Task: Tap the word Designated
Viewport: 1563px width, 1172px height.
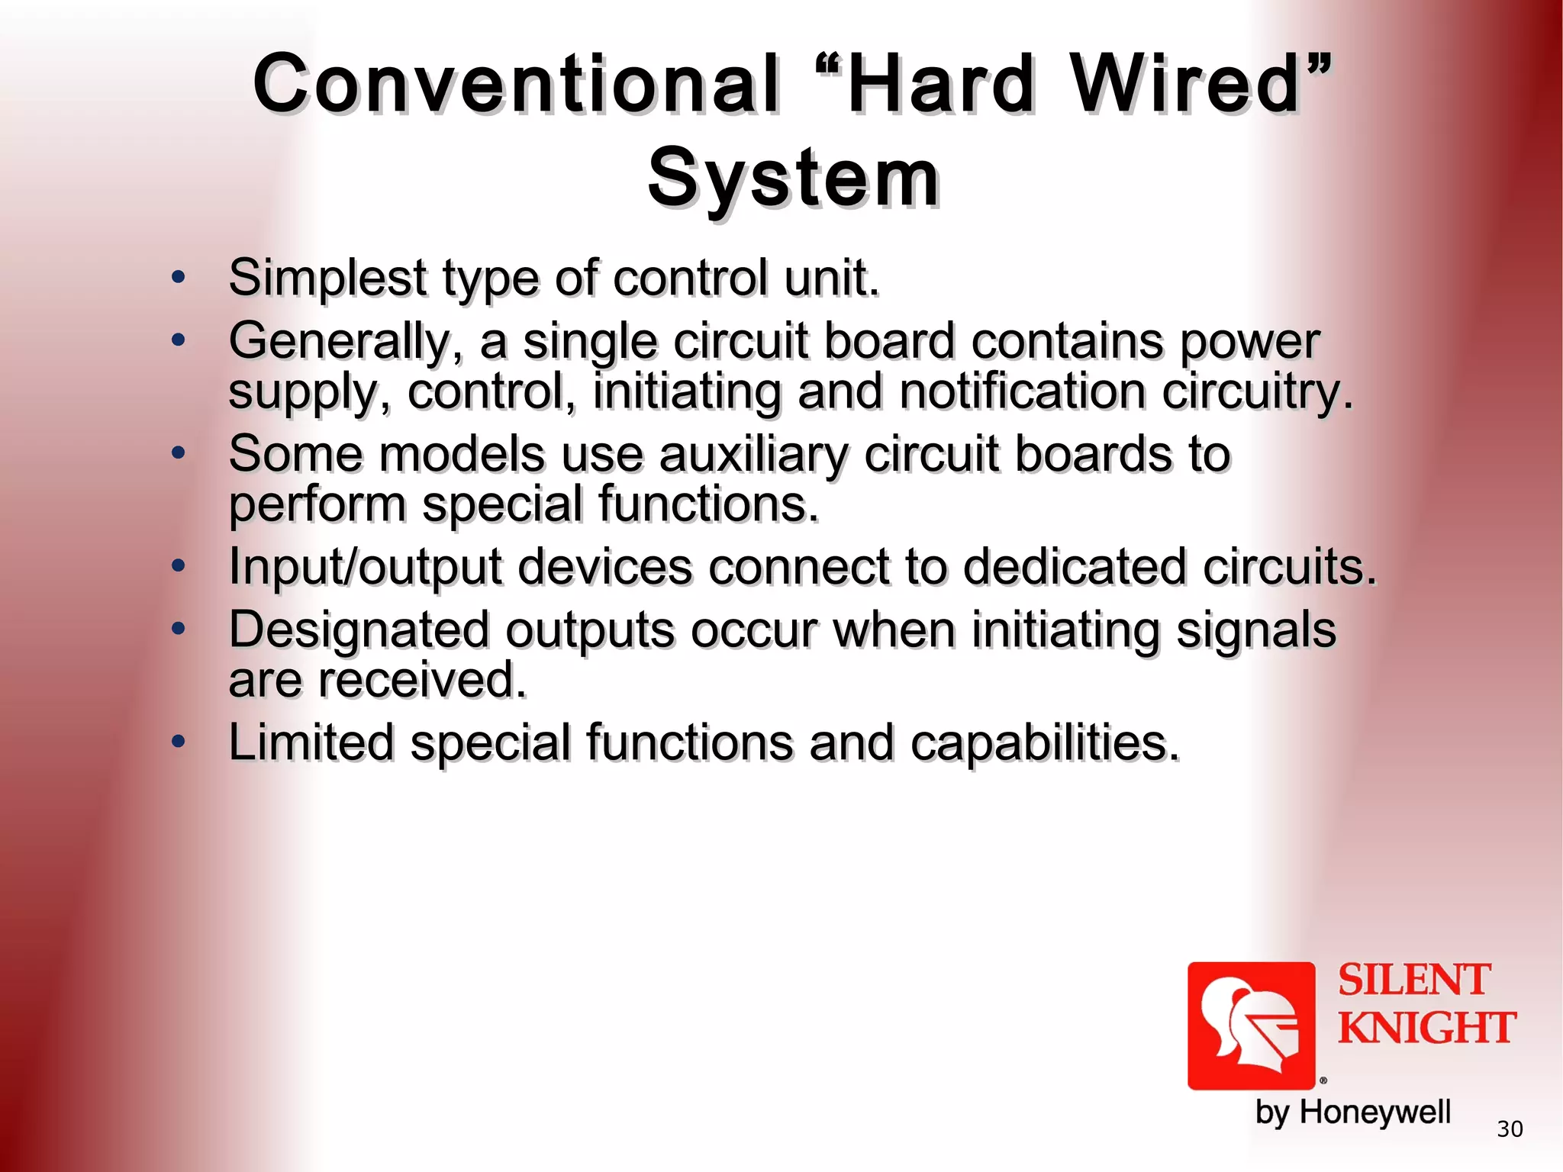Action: (359, 630)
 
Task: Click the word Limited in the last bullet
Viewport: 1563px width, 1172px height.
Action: (311, 742)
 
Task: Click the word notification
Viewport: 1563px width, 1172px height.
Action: (1022, 392)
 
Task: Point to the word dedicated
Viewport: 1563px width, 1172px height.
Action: (1075, 567)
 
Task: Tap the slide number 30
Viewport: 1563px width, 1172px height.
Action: (1510, 1129)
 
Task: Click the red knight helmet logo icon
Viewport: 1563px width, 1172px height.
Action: (1251, 1025)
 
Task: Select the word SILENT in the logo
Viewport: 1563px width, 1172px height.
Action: (1413, 980)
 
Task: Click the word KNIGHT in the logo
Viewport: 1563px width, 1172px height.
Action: (1426, 1028)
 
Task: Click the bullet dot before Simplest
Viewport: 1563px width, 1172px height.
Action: (179, 278)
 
